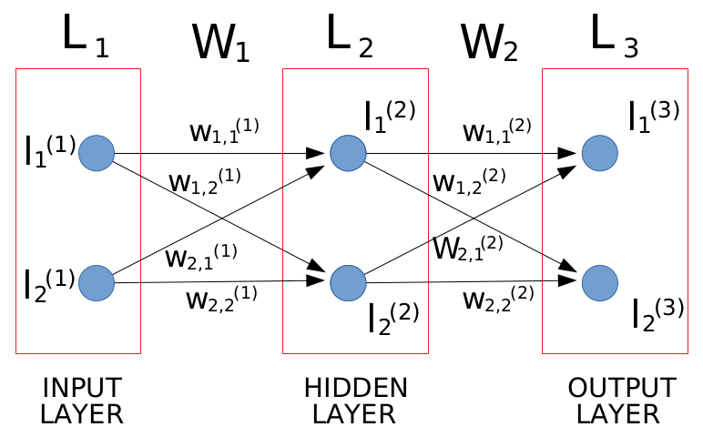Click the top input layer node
click(x=96, y=153)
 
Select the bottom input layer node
click(x=96, y=283)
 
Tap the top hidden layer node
click(x=348, y=153)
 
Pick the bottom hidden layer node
click(x=348, y=281)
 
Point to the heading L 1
click(x=85, y=36)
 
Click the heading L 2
click(x=349, y=36)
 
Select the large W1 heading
click(x=219, y=43)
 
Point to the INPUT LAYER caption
click(x=81, y=401)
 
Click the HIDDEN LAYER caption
click(x=354, y=401)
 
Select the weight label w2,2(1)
click(x=222, y=297)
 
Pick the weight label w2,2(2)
click(x=496, y=297)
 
